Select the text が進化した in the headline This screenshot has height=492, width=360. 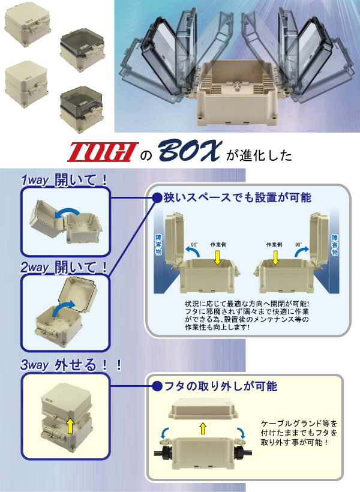[x=259, y=155]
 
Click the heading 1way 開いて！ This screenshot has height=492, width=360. [x=64, y=180]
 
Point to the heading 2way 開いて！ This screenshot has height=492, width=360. [x=64, y=267]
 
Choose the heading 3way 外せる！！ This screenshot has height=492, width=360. [x=71, y=364]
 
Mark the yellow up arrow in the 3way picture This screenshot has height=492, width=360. [x=70, y=426]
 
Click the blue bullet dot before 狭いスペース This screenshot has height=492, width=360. [x=157, y=197]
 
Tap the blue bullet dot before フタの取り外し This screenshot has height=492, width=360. [x=157, y=386]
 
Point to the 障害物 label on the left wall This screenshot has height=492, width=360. [x=158, y=245]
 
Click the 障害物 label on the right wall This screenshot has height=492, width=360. [x=335, y=245]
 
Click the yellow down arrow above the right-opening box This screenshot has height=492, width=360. [x=275, y=257]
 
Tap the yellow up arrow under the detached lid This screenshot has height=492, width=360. [x=202, y=428]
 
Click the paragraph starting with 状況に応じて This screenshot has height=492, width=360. [x=247, y=316]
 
